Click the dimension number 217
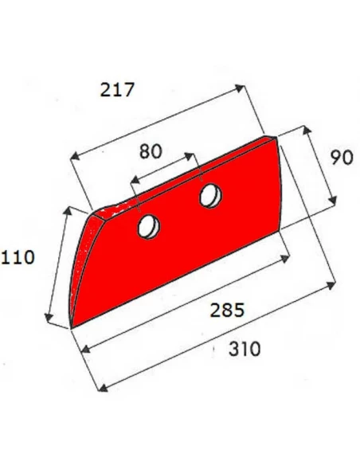click(117, 89)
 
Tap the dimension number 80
click(151, 151)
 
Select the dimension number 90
click(342, 158)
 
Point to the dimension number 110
click(18, 257)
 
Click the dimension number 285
click(227, 310)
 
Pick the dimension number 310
click(245, 349)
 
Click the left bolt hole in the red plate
click(149, 227)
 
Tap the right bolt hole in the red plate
click(211, 196)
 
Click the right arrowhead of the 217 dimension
click(241, 88)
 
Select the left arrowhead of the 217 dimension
click(76, 155)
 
